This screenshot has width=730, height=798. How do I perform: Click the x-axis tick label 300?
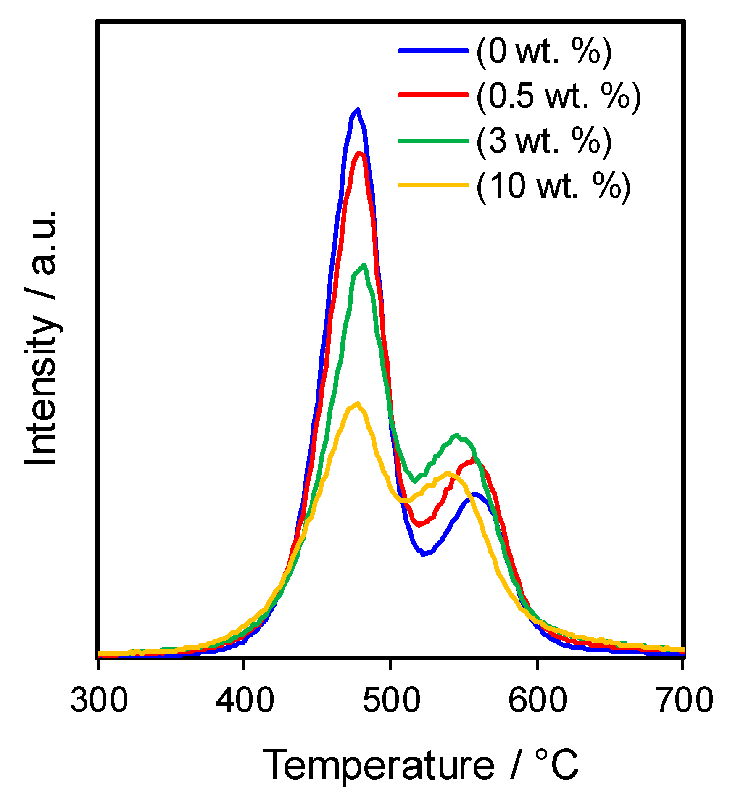(99, 701)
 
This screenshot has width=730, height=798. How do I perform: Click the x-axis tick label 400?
(245, 701)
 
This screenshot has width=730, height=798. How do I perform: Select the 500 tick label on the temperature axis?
(391, 701)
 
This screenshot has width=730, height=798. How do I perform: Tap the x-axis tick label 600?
(537, 701)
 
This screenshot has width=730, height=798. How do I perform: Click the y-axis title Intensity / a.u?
(41, 338)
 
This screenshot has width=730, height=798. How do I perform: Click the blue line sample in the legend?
(433, 50)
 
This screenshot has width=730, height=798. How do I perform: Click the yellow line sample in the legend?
(433, 184)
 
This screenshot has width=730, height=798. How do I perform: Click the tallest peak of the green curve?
(364, 265)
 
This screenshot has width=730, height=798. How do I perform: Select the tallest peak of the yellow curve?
(357, 403)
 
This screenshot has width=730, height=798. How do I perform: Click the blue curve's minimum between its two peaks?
(423, 555)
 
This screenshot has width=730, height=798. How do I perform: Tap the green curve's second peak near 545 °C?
(456, 435)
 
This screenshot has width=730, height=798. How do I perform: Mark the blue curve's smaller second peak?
(474, 494)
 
